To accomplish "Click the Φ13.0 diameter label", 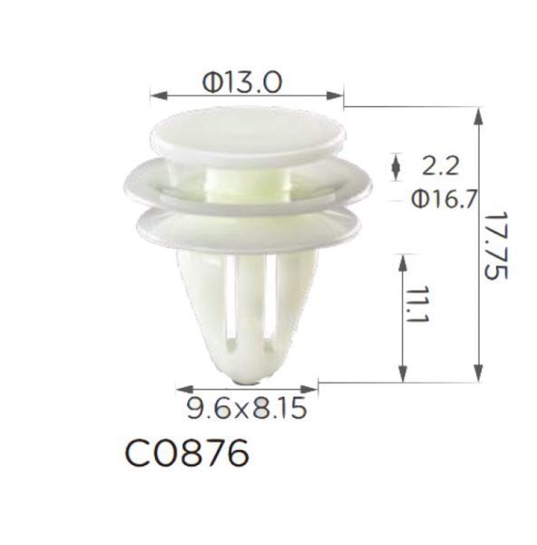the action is click(x=242, y=83).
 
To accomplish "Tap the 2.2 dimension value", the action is click(x=440, y=166).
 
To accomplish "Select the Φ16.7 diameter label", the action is click(x=444, y=200).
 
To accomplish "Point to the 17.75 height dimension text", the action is click(x=495, y=245).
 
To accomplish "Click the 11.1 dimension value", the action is click(x=417, y=305).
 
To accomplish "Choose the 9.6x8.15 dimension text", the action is click(x=247, y=408).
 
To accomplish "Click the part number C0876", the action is click(x=187, y=453).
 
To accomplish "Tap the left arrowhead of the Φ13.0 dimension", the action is click(x=159, y=95).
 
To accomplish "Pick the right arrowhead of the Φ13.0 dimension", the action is click(x=335, y=95).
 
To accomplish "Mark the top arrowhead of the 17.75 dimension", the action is click(x=478, y=116).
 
